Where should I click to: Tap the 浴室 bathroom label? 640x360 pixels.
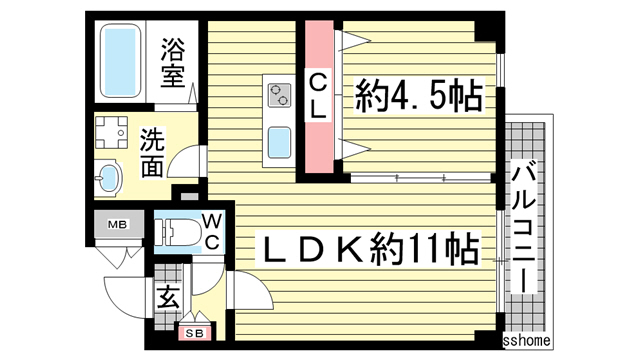pos(174,62)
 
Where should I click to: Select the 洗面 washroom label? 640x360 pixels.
pos(152,151)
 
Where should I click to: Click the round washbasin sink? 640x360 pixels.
pos(108,180)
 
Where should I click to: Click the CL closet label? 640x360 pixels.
pos(319,97)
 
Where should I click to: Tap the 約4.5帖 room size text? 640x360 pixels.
pos(419,98)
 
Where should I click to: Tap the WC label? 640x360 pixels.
pos(213,231)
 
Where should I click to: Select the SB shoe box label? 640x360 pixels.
pos(194,332)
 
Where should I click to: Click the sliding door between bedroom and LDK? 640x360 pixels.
pos(420,178)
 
